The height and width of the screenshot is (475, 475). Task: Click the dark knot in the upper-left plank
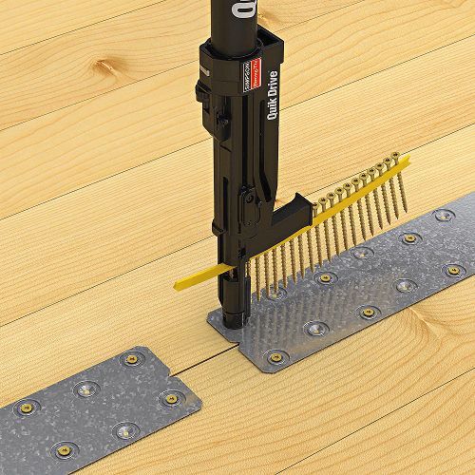coord(109,68)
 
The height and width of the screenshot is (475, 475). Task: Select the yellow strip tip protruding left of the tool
coord(185,281)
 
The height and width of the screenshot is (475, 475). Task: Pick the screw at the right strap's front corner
coord(276,357)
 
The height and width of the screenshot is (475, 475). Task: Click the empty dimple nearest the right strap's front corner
coord(315,330)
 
